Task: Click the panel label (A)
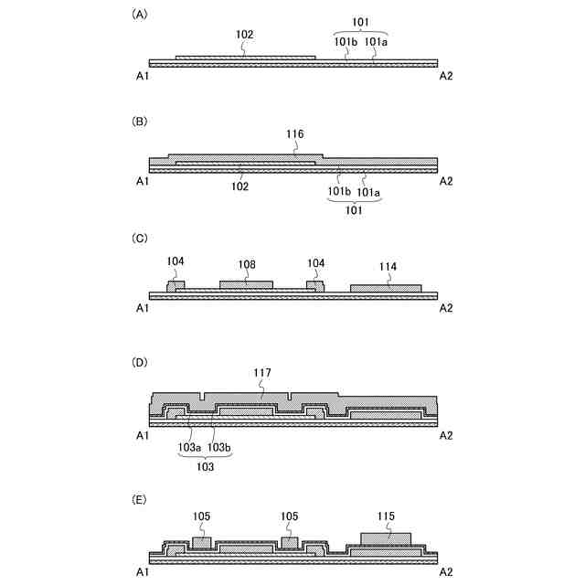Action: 140,15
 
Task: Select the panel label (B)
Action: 140,121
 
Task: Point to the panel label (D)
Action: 140,363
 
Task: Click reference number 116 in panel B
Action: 294,134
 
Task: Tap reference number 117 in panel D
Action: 262,373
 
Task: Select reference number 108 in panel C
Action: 247,263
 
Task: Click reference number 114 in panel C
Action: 388,267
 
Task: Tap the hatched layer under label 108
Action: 246,284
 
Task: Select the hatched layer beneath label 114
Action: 385,288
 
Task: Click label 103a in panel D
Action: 188,447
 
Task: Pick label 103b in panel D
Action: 218,447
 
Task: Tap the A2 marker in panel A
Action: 446,77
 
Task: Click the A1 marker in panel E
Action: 143,571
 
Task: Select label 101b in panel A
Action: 346,40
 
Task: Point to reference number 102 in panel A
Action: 244,35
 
